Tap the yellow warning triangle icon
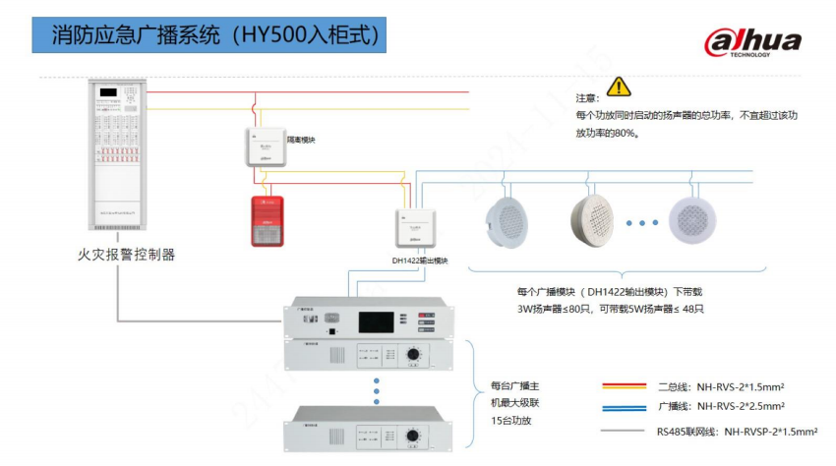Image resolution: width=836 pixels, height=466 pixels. coord(619,87)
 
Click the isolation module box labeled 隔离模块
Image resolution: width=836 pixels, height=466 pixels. coord(266,146)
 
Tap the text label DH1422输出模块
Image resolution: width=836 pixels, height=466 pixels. coord(420,261)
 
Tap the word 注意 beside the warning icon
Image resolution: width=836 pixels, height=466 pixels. coord(587,98)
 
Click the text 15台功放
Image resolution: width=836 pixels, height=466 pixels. coord(515,420)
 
